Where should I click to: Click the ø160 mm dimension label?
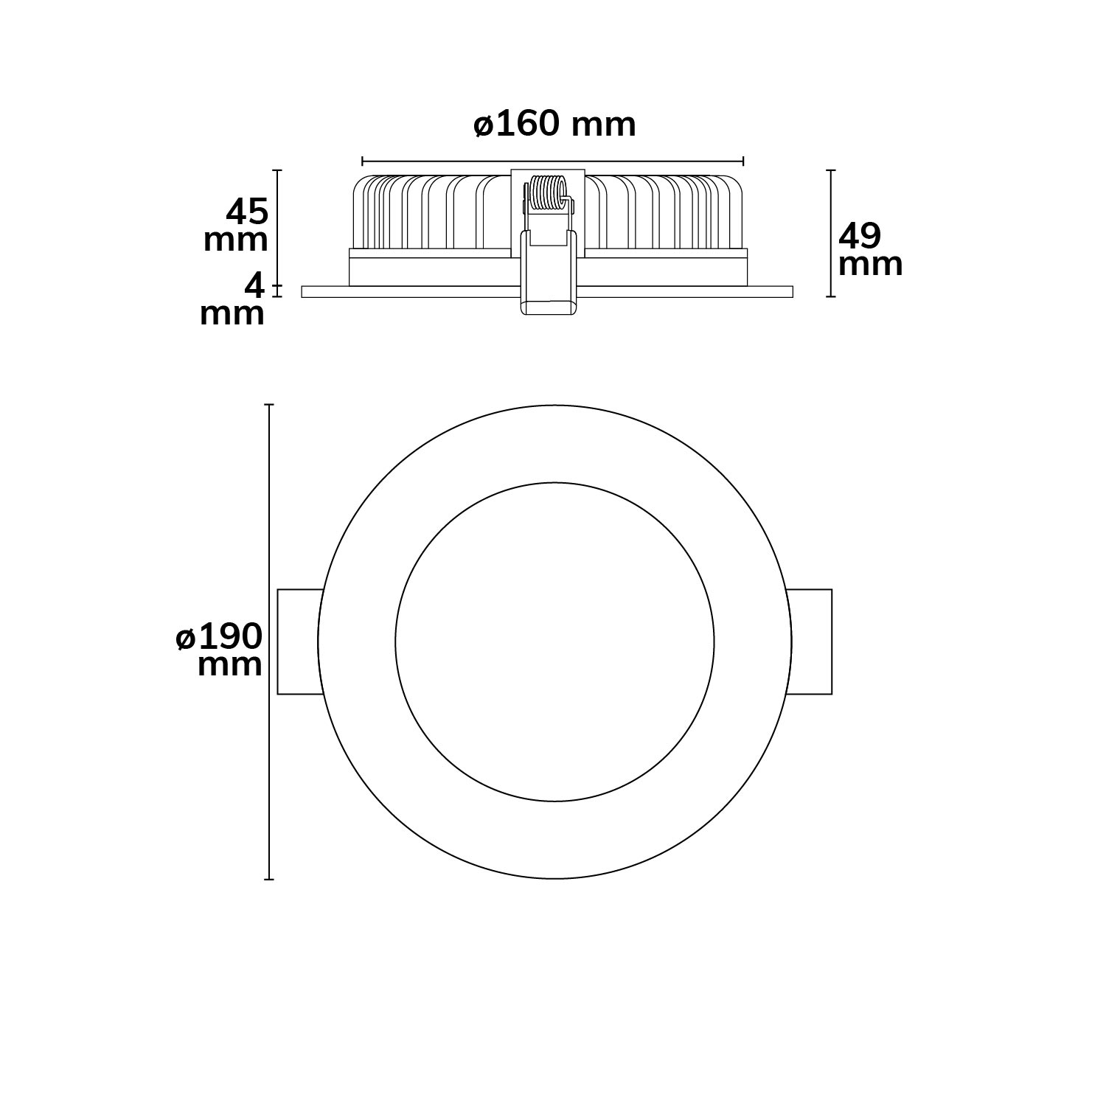tap(554, 125)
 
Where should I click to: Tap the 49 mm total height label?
tap(870, 250)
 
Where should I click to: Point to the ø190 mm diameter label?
tap(220, 650)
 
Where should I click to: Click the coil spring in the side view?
tap(547, 195)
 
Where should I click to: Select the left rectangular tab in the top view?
tap(299, 641)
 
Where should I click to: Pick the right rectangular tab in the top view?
tap(810, 641)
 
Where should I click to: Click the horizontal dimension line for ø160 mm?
tap(553, 161)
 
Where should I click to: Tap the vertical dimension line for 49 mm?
tap(832, 233)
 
